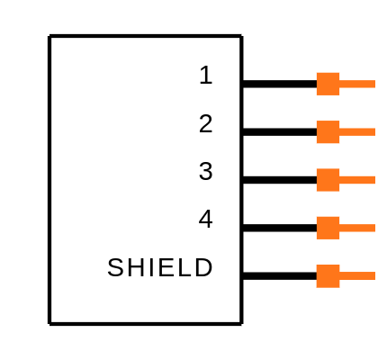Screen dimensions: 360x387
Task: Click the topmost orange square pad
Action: tap(328, 84)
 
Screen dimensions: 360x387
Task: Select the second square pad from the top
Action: tap(328, 132)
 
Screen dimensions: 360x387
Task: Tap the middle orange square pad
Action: tap(328, 180)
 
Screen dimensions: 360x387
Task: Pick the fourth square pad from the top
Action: tap(328, 228)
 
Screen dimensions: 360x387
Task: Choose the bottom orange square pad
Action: tap(328, 276)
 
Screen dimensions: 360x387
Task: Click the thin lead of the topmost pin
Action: tap(357, 84)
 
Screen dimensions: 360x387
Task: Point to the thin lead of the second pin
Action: tap(357, 132)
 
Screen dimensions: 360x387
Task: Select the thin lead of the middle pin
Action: tap(357, 180)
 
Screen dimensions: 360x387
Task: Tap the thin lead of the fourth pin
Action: tap(357, 228)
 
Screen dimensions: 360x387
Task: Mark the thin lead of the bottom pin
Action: tap(357, 276)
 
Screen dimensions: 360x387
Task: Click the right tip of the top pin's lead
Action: tap(373, 84)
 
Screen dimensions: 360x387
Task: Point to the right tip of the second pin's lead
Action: tap(373, 132)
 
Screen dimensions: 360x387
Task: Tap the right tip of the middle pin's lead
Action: tap(373, 180)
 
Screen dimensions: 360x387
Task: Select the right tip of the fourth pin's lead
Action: tap(373, 228)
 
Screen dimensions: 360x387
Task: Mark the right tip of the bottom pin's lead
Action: tap(373, 276)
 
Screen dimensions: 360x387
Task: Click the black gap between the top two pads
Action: tap(328, 108)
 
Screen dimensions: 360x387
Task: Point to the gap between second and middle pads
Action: tap(328, 156)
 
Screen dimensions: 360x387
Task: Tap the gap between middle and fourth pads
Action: tap(328, 204)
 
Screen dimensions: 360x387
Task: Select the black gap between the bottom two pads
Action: tap(328, 252)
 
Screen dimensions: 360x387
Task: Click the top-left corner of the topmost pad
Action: tap(317, 73)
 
